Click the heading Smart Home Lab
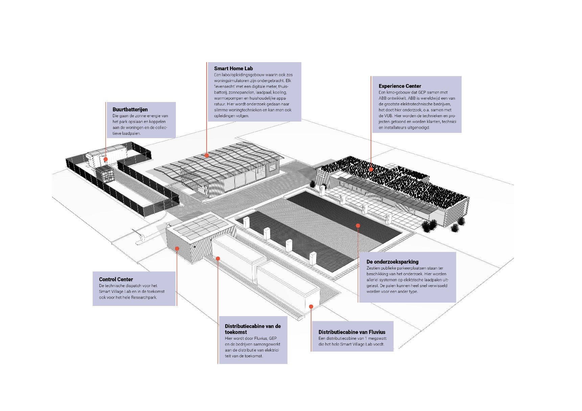(233, 69)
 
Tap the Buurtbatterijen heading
(130, 109)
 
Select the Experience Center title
(400, 86)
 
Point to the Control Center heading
(116, 279)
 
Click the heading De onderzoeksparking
(392, 262)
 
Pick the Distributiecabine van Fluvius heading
(352, 332)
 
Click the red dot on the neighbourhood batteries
(106, 159)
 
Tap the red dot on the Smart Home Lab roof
(206, 155)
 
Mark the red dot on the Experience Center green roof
(371, 169)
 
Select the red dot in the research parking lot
(358, 225)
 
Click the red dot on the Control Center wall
(177, 249)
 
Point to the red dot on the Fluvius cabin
(311, 307)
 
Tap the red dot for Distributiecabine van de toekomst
(218, 259)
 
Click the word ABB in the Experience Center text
(382, 98)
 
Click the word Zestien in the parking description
(373, 268)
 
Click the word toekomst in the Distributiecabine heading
(236, 332)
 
